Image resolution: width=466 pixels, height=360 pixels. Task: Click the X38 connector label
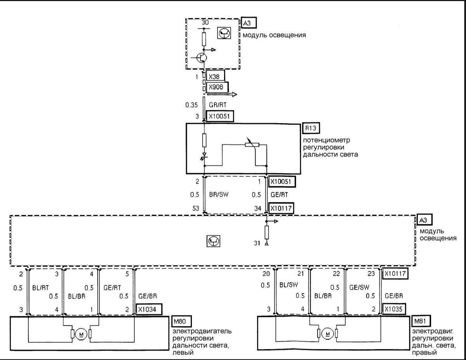(215, 77)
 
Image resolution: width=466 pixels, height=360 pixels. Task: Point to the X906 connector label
(216, 87)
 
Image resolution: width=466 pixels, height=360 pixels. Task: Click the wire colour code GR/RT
(217, 104)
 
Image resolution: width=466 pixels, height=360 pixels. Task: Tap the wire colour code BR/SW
(217, 195)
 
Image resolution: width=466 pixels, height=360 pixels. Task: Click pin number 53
(195, 209)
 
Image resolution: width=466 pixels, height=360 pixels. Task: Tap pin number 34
(258, 209)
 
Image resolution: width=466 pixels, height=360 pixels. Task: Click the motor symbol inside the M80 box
(81, 334)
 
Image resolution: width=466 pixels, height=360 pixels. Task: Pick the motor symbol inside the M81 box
(327, 334)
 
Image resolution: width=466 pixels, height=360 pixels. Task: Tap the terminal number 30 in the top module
(205, 23)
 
